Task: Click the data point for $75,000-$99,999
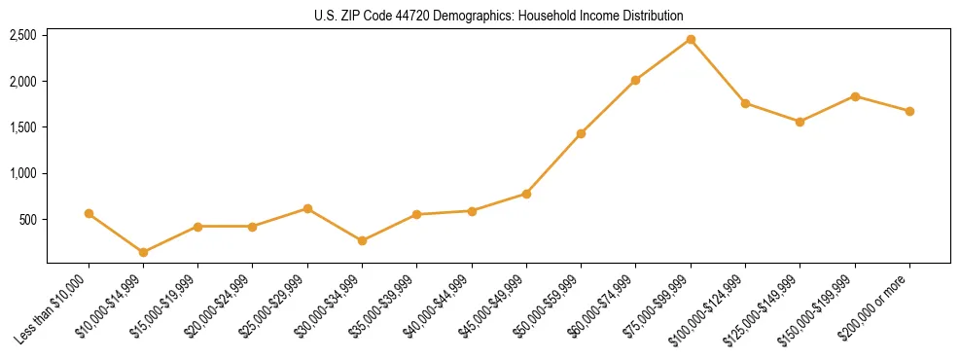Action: pyautogui.click(x=691, y=40)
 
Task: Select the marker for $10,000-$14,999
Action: pyautogui.click(x=143, y=252)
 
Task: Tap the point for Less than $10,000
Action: pyautogui.click(x=89, y=213)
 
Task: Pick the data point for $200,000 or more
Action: pyautogui.click(x=909, y=111)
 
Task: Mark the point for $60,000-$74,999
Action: pyautogui.click(x=635, y=80)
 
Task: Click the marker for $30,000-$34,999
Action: pyautogui.click(x=362, y=240)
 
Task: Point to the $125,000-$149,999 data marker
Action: pyautogui.click(x=800, y=122)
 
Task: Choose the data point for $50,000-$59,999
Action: pyautogui.click(x=581, y=133)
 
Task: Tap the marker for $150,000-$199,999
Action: pyautogui.click(x=855, y=96)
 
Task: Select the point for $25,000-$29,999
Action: pyautogui.click(x=307, y=208)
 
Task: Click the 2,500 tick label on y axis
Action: pyautogui.click(x=22, y=35)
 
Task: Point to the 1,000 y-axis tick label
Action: pyautogui.click(x=22, y=173)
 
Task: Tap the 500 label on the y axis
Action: pyautogui.click(x=28, y=220)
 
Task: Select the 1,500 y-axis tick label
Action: pyautogui.click(x=22, y=127)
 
